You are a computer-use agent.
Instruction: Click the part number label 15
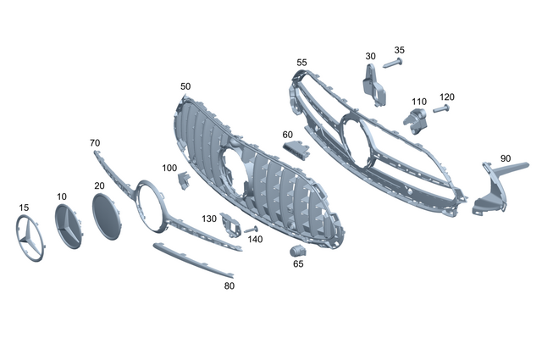click(23, 207)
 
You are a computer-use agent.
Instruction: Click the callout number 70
click(95, 143)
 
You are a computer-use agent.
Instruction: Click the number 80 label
click(229, 285)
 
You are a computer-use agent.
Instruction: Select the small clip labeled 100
click(182, 180)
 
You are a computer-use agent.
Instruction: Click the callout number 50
click(185, 86)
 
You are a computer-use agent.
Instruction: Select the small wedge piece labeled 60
click(296, 150)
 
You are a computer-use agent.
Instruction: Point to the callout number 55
click(301, 63)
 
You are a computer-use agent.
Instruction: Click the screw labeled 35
click(395, 64)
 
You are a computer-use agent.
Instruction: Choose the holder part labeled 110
click(415, 120)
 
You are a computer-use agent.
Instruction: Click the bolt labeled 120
click(440, 108)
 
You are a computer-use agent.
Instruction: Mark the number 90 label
click(505, 158)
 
